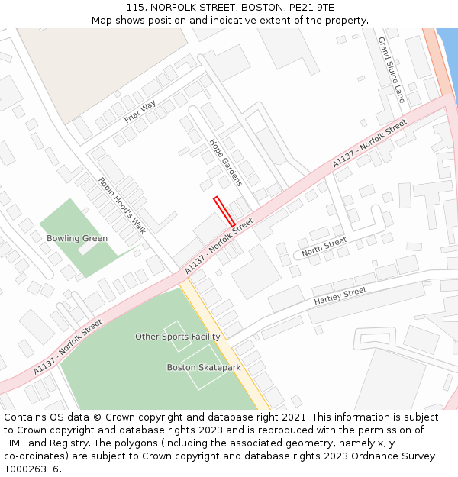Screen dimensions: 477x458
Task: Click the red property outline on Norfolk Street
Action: click(224, 211)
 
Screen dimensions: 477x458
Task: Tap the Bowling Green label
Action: click(77, 238)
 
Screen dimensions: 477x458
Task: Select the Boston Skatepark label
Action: click(204, 368)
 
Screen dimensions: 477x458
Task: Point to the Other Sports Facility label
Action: click(178, 337)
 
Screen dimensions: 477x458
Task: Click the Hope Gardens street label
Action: click(225, 162)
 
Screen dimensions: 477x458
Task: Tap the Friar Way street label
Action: click(140, 111)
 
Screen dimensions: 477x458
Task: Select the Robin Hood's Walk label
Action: click(121, 205)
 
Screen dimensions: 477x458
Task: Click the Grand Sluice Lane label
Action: click(392, 69)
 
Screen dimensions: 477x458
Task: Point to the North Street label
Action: click(324, 247)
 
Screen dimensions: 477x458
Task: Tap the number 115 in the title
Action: click(135, 7)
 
